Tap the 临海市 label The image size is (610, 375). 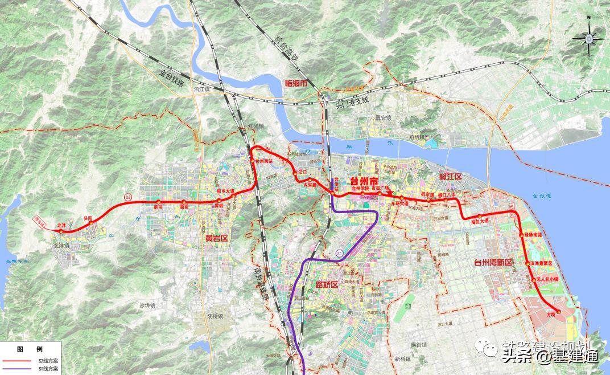(295, 83)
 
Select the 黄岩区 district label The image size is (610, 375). (216, 238)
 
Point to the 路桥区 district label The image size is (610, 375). (326, 284)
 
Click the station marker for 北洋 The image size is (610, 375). (60, 231)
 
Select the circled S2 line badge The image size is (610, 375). (129, 197)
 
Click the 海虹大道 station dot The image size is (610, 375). (480, 216)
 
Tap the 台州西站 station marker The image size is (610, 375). (254, 161)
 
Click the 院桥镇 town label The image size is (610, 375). (217, 316)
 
